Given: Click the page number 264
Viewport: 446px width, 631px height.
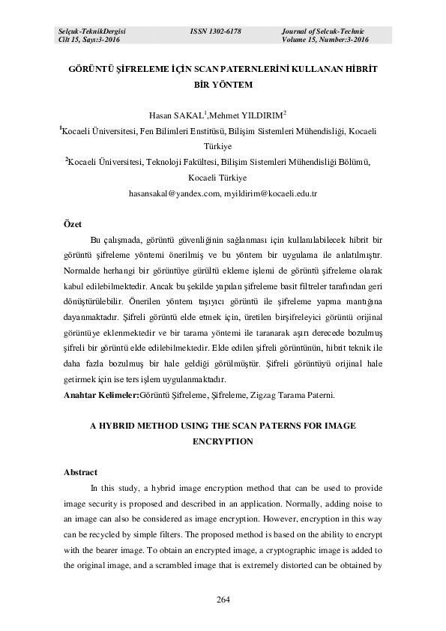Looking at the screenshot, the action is (222, 599).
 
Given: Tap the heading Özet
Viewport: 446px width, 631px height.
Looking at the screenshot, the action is (73, 224).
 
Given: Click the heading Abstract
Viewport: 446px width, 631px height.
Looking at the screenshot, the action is (80, 472).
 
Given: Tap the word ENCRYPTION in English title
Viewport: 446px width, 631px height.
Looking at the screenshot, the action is (223, 441).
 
